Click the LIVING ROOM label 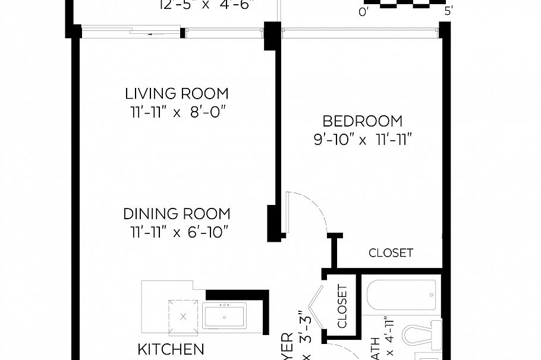[x=177, y=93]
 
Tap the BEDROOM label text [x=362, y=121]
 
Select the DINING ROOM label [x=177, y=214]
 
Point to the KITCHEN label [x=171, y=349]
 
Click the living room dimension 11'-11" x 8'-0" [x=177, y=112]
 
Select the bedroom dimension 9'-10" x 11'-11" [x=363, y=140]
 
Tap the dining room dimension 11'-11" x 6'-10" [x=177, y=232]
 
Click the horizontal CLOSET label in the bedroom [x=391, y=253]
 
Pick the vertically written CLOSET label [x=342, y=307]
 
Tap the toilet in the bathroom [x=423, y=336]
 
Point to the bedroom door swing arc [x=315, y=211]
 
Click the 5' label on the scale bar [x=448, y=11]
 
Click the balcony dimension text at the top [x=207, y=6]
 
